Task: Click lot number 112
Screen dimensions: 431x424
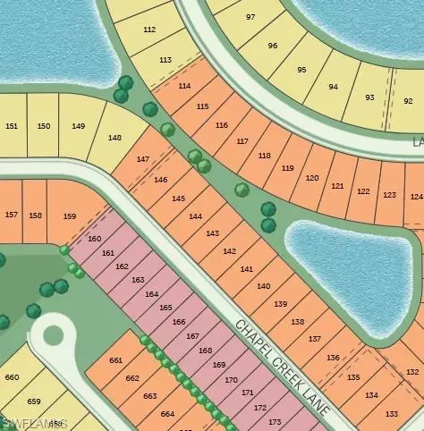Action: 148,30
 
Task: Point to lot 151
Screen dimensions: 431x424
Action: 11,126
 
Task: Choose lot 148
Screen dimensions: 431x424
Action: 114,138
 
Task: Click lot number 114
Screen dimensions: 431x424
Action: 184,86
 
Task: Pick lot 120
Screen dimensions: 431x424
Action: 311,177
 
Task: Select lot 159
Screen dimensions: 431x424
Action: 70,216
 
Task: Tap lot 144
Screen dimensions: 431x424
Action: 195,216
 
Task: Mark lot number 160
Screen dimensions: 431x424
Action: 95,239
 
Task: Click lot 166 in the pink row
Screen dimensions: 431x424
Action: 179,322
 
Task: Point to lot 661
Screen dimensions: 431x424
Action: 115,360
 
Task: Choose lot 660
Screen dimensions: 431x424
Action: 12,377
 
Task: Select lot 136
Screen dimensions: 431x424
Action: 333,358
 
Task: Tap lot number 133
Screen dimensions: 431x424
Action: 391,414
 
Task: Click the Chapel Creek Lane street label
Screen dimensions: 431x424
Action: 282,367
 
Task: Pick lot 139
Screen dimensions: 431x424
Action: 280,304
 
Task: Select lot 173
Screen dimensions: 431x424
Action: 274,422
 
